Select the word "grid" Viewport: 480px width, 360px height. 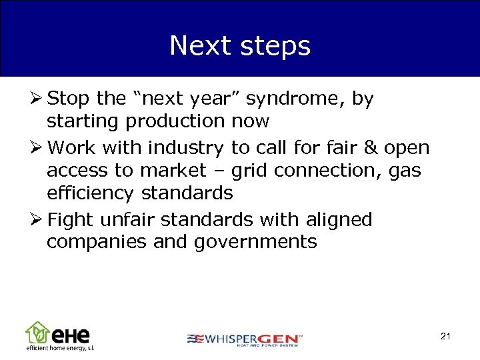[x=249, y=170]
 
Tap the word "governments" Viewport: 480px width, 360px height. [x=255, y=241]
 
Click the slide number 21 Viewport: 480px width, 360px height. [x=445, y=336]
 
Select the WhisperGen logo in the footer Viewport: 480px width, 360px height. [x=244, y=339]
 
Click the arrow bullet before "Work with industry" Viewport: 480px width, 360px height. [x=37, y=147]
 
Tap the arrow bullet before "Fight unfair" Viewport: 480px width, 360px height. [x=37, y=219]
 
